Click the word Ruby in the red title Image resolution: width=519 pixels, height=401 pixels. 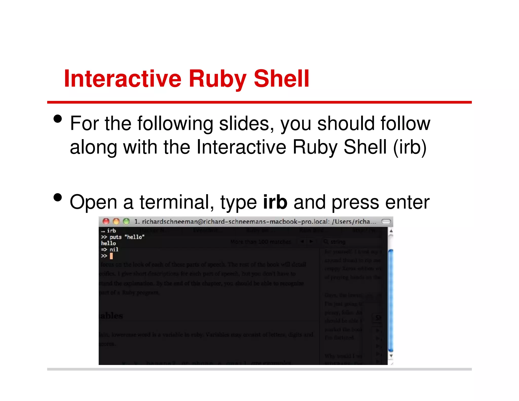coord(217,79)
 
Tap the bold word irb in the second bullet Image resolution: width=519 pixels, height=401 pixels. coord(275,202)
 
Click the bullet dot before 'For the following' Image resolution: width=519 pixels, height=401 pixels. coord(58,119)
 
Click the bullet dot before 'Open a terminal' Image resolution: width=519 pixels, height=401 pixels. coord(58,197)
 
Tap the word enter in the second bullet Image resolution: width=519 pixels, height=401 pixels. coord(407,203)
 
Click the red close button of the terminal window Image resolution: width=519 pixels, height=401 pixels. coord(106,222)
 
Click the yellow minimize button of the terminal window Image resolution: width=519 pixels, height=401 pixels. coord(116,222)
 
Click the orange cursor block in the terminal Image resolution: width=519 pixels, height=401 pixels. coord(111,256)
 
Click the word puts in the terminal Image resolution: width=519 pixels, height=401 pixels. coord(116,237)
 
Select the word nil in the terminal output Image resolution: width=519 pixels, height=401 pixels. coord(114,249)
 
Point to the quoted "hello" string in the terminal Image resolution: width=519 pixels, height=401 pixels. coord(134,237)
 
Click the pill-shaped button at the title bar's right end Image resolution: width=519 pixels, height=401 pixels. coord(386,222)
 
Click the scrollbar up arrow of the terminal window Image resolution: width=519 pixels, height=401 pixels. coord(391,231)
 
